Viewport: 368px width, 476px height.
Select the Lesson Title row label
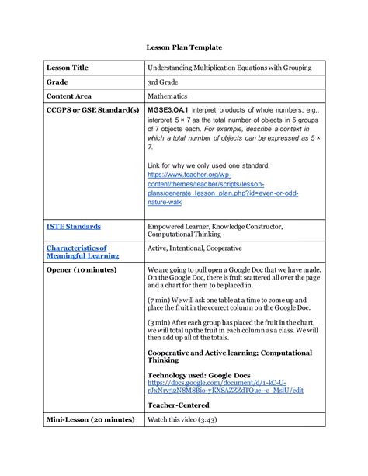click(x=71, y=68)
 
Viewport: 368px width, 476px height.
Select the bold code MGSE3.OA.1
click(x=167, y=110)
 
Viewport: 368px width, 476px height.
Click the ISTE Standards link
click(x=73, y=227)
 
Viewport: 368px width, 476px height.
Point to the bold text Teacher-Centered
click(x=177, y=405)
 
